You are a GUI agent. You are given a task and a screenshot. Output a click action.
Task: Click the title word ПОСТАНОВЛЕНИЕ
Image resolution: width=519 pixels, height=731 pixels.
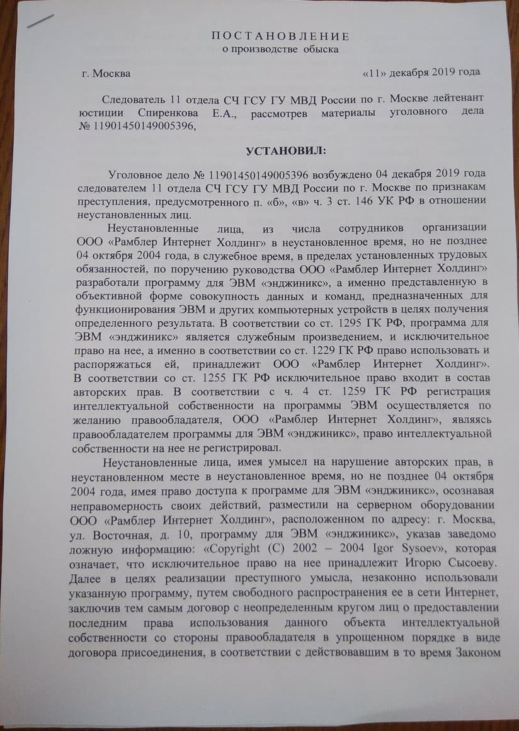(280, 36)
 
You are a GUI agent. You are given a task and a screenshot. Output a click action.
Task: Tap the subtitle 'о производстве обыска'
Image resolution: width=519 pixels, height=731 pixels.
(281, 49)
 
